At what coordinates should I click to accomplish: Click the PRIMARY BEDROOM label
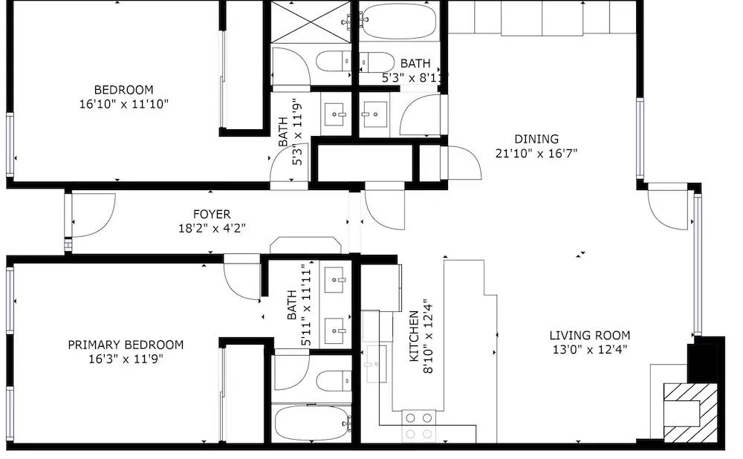tap(126, 345)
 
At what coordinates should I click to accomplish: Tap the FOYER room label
tap(212, 214)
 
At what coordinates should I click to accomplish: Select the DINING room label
tap(536, 140)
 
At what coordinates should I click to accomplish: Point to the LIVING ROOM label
tap(590, 336)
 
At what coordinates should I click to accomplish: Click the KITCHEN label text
tap(414, 336)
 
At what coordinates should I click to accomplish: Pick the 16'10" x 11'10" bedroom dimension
tap(123, 104)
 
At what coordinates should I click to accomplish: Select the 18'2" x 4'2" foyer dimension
tap(212, 228)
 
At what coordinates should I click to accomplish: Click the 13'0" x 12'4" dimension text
tap(590, 350)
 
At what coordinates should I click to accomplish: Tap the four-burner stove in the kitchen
tap(419, 426)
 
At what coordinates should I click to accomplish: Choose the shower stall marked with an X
tap(311, 22)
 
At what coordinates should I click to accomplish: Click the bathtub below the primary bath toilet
tap(312, 423)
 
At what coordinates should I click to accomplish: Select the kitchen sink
tap(377, 364)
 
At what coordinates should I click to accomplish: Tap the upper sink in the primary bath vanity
tap(336, 280)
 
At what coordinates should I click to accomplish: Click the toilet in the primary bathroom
tap(334, 381)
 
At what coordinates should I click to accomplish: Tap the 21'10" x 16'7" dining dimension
tap(536, 154)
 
